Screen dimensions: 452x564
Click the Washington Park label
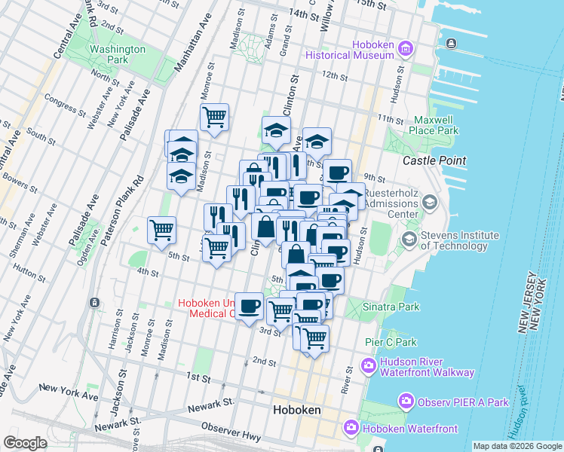pyautogui.click(x=117, y=54)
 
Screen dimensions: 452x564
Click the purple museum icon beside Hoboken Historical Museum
pyautogui.click(x=406, y=50)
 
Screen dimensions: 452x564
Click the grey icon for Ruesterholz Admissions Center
pyautogui.click(x=430, y=202)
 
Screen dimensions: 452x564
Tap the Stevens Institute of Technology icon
pyautogui.click(x=409, y=240)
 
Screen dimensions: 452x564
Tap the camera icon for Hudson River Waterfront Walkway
pyautogui.click(x=369, y=366)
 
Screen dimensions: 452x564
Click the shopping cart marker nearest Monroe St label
pyautogui.click(x=215, y=117)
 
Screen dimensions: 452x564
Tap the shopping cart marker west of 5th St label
pyautogui.click(x=161, y=230)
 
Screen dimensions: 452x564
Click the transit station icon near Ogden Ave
pyautogui.click(x=94, y=303)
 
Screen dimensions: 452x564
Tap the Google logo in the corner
pyautogui.click(x=25, y=443)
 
